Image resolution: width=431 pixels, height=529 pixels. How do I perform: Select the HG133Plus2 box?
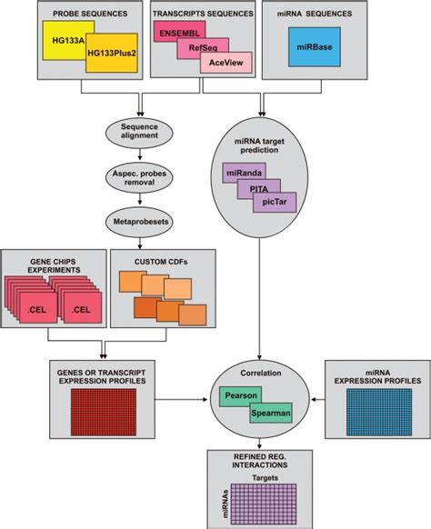(106, 53)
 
